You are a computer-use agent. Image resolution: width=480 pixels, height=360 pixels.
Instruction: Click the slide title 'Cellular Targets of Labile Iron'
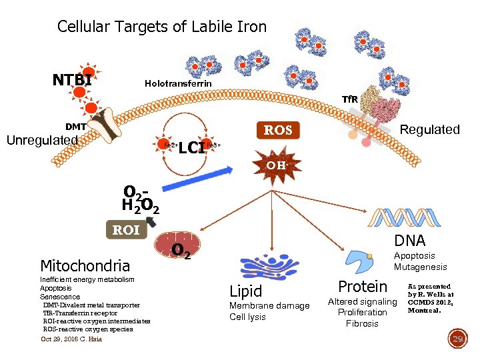[x=161, y=27]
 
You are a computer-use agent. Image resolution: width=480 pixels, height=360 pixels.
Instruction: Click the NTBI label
[x=72, y=81]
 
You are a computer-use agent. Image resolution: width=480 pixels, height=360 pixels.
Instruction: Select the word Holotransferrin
[x=178, y=84]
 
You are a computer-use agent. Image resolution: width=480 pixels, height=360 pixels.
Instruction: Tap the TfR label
[x=350, y=99]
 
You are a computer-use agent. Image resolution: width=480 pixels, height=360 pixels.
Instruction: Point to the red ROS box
[x=278, y=130]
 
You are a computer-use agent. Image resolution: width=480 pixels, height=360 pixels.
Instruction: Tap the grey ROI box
[x=126, y=230]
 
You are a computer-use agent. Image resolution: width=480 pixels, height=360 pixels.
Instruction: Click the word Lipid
[x=245, y=291]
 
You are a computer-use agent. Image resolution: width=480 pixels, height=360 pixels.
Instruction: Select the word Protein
[x=363, y=287]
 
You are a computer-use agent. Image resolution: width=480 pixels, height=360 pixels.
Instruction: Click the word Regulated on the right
[x=429, y=129]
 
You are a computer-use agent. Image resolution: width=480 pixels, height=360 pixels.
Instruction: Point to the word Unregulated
[x=42, y=141]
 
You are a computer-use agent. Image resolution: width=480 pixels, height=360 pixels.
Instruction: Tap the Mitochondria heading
[x=85, y=265]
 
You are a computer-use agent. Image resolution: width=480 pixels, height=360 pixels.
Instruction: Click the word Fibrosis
[x=362, y=323]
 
